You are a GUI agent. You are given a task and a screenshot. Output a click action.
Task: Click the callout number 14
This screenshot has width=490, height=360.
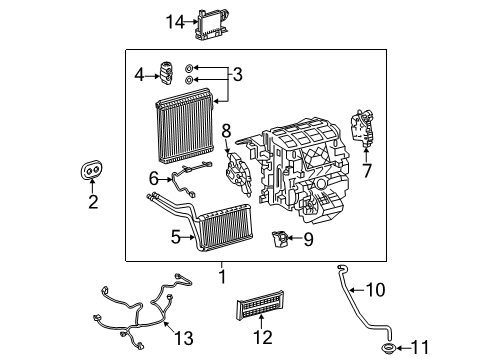[x=175, y=22]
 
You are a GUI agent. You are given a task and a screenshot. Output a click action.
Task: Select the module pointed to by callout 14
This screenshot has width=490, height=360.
[x=212, y=24]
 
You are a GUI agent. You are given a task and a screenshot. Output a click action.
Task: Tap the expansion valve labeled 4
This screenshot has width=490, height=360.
[x=166, y=74]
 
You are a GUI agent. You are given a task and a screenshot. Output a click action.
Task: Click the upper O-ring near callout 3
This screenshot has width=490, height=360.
[x=189, y=68]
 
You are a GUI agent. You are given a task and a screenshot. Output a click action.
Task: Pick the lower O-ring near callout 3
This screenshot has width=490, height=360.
[x=189, y=80]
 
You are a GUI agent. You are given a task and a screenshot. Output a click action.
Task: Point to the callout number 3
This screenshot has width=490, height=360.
[x=237, y=75]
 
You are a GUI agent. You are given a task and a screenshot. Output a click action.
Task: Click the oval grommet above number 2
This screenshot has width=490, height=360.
[x=91, y=170]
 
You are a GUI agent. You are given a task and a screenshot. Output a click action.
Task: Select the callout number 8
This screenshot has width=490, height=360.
[x=226, y=131]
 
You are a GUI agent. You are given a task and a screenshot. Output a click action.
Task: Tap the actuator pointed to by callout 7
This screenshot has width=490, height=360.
[x=363, y=128]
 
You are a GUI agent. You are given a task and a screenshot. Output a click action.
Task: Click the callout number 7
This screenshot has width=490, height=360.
[x=367, y=171]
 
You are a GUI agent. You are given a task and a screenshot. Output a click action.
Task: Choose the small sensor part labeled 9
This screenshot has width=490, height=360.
[x=279, y=239]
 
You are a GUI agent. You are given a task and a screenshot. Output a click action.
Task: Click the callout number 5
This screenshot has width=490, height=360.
[x=176, y=237]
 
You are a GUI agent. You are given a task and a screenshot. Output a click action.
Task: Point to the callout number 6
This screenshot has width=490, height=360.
[x=154, y=179]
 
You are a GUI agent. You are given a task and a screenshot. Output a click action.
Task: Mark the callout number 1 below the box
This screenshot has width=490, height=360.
[x=222, y=277]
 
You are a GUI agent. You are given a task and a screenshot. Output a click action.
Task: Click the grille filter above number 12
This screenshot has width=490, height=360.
[x=260, y=305]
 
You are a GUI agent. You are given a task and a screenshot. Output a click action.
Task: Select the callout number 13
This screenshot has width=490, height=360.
[x=184, y=338]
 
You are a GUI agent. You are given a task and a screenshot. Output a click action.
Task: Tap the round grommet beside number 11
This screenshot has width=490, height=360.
[x=389, y=348]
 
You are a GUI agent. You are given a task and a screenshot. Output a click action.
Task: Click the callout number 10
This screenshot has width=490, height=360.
[x=376, y=290]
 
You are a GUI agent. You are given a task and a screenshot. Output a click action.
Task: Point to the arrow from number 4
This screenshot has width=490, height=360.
[x=152, y=76]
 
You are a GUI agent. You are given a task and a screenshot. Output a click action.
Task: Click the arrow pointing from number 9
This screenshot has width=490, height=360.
[x=295, y=238]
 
